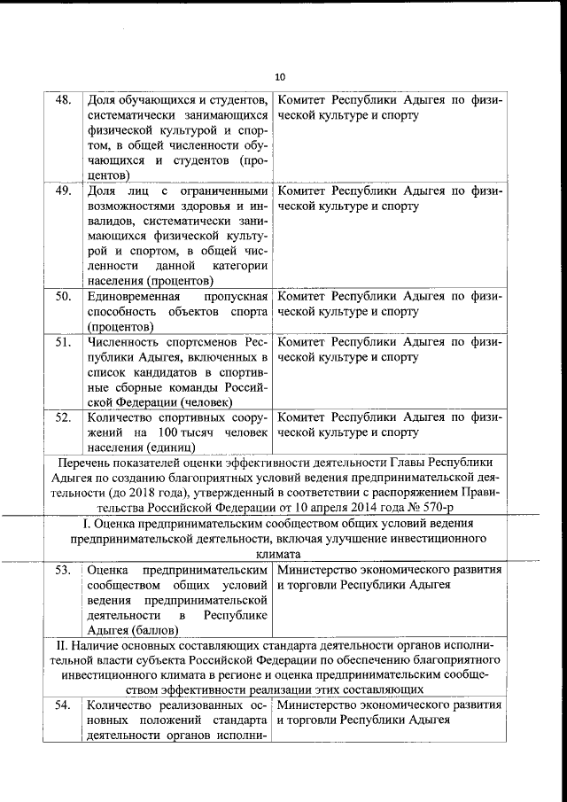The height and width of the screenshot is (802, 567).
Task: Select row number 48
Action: pyautogui.click(x=63, y=99)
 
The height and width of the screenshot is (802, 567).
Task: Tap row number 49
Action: pyautogui.click(x=63, y=191)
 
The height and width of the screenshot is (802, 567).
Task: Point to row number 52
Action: pyautogui.click(x=63, y=417)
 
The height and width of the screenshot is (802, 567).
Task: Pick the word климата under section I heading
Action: pyautogui.click(x=283, y=552)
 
